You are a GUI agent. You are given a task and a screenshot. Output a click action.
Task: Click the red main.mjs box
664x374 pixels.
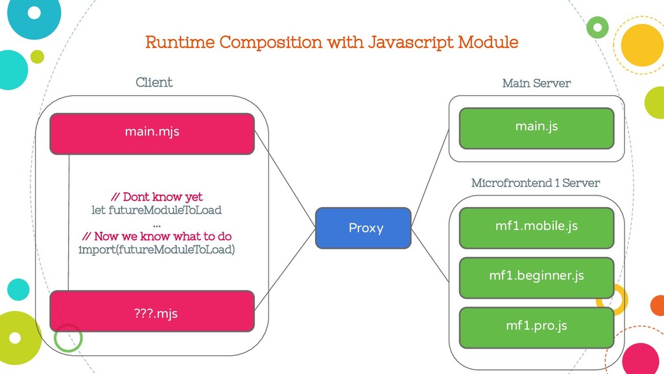[x=152, y=134]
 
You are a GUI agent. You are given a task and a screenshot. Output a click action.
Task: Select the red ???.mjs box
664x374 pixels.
[x=152, y=311]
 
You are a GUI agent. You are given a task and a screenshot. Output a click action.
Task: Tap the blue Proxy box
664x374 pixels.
[x=363, y=228]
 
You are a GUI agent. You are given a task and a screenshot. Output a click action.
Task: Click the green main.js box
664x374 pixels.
[x=536, y=128]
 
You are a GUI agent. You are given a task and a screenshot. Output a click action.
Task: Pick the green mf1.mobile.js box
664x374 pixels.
[x=536, y=228]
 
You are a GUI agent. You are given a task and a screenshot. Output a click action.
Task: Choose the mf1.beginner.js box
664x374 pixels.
[x=536, y=278]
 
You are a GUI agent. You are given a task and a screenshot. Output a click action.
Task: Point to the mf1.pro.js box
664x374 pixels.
[x=536, y=328]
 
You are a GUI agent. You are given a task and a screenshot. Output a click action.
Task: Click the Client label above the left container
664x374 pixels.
[x=154, y=82]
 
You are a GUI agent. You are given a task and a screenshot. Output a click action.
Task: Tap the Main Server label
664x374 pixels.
[x=536, y=83]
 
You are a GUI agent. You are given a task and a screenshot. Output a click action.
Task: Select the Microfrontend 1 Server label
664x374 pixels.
[x=536, y=182]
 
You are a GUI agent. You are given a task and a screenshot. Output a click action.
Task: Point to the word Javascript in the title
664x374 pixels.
[x=410, y=43]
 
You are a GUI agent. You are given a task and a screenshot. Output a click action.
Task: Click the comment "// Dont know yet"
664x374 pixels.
[x=157, y=197]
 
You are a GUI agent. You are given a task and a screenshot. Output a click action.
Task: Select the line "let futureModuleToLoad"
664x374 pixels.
[x=157, y=210]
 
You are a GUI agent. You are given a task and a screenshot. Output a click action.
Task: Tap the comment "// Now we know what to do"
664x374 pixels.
[x=157, y=236]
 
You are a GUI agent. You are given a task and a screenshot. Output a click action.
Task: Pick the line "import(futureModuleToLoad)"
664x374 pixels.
[x=157, y=249]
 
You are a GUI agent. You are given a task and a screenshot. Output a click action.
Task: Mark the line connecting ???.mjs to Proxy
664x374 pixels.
[x=285, y=269]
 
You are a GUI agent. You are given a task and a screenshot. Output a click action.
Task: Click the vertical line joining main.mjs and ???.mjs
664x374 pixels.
[x=69, y=223]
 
